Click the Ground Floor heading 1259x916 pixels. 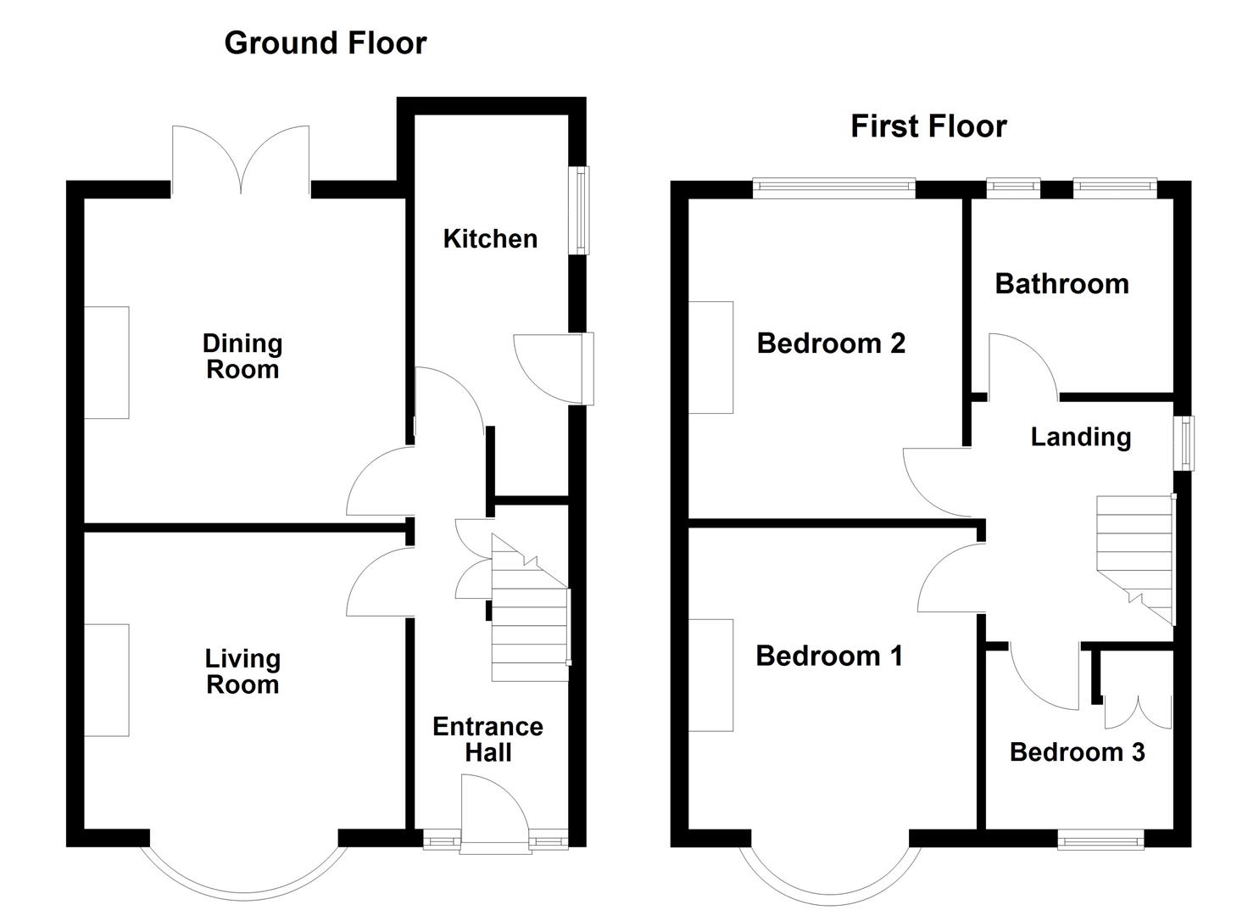click(325, 43)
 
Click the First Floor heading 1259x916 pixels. click(928, 126)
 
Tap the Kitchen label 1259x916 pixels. click(490, 239)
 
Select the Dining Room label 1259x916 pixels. click(242, 356)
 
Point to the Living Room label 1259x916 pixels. click(242, 672)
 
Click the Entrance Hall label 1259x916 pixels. click(487, 740)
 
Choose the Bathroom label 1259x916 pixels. click(1061, 284)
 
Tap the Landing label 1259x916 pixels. click(1080, 437)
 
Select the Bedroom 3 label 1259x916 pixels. click(1077, 752)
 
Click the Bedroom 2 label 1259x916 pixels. click(831, 343)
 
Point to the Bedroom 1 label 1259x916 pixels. click(828, 656)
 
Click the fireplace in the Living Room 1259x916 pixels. click(107, 680)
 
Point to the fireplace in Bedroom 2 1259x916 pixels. click(710, 357)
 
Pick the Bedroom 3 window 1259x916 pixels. click(1100, 839)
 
